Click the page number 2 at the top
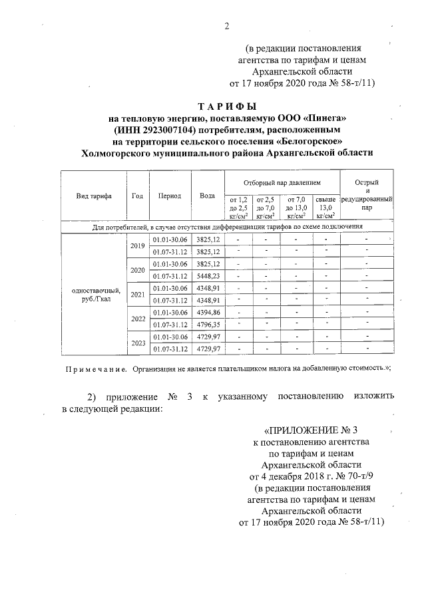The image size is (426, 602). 226,27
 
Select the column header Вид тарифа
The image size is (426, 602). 93,196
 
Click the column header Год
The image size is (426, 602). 138,196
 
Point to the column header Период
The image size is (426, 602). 170,196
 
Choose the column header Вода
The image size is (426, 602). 207,196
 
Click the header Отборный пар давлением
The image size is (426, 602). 282,182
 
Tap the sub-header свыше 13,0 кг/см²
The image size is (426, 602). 325,207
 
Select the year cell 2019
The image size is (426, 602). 138,245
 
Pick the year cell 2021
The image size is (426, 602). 138,294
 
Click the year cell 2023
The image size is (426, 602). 138,343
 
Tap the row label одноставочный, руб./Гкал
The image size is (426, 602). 93,294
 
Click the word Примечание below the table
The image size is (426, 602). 95,368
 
